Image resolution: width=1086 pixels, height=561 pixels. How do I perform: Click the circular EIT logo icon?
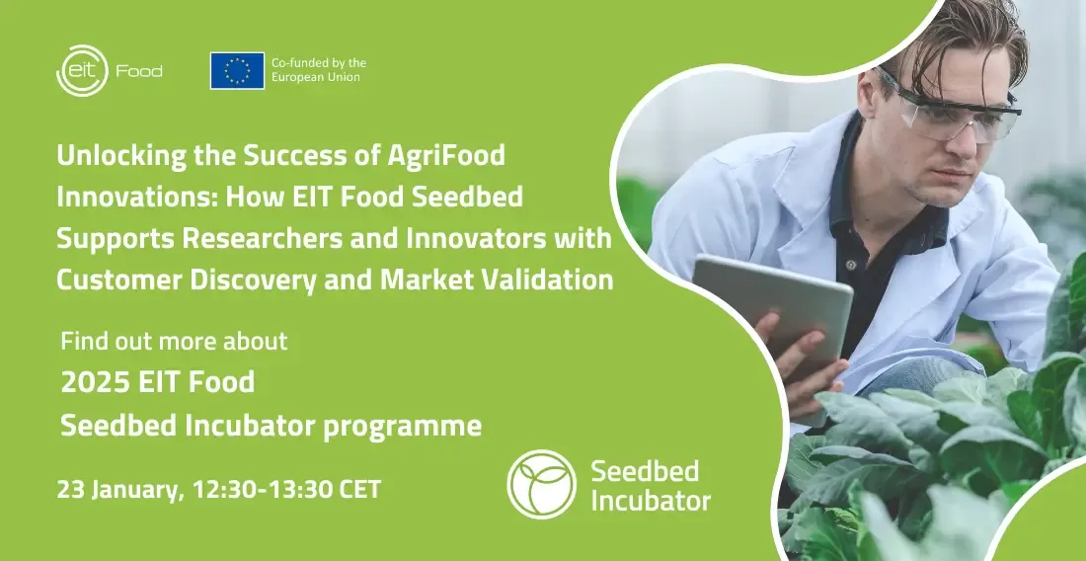[x=82, y=71]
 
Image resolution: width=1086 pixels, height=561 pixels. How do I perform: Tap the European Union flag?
[x=237, y=71]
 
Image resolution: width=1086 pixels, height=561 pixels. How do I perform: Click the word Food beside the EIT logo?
[x=139, y=71]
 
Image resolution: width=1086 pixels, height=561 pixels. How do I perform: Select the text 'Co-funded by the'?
[x=319, y=63]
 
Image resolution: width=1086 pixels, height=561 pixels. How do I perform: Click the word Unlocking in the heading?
[x=121, y=156]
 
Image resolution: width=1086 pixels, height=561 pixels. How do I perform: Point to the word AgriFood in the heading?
[x=446, y=156]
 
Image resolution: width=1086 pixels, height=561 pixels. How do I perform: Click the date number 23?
[x=71, y=490]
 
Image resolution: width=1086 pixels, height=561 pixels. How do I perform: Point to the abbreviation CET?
[x=360, y=490]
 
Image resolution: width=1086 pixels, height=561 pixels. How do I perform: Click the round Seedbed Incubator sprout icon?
[x=542, y=484]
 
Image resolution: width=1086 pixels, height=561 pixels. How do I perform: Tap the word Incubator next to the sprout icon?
[x=651, y=501]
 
